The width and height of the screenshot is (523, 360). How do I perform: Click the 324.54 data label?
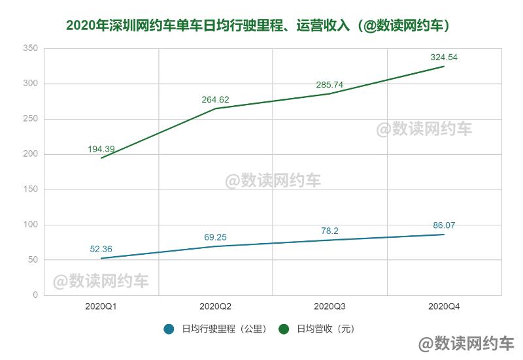(444, 57)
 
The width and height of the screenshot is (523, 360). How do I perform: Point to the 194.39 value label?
(101, 149)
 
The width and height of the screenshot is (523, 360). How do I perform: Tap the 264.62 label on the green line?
(216, 99)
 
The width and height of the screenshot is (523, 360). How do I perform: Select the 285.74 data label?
(329, 85)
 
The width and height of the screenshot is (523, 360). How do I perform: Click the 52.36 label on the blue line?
(101, 249)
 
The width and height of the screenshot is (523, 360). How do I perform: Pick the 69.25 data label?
(216, 237)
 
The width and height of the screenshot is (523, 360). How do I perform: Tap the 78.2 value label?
(329, 231)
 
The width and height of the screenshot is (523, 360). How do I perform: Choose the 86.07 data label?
(444, 225)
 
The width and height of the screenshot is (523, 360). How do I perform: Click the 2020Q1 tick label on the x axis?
(101, 306)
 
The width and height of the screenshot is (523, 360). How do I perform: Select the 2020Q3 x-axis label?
(329, 306)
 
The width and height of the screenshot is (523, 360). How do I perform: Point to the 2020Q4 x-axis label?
(444, 306)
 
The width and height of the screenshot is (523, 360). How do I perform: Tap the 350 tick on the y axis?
(30, 48)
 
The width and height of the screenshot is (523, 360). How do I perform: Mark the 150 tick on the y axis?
(30, 189)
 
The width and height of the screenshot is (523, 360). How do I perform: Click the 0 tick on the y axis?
(35, 295)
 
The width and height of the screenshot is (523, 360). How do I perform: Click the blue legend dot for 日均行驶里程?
(169, 329)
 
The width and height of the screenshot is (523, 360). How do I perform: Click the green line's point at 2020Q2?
(216, 108)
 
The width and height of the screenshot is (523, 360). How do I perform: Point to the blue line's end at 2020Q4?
(444, 235)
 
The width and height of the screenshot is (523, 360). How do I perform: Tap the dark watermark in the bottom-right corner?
(466, 344)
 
